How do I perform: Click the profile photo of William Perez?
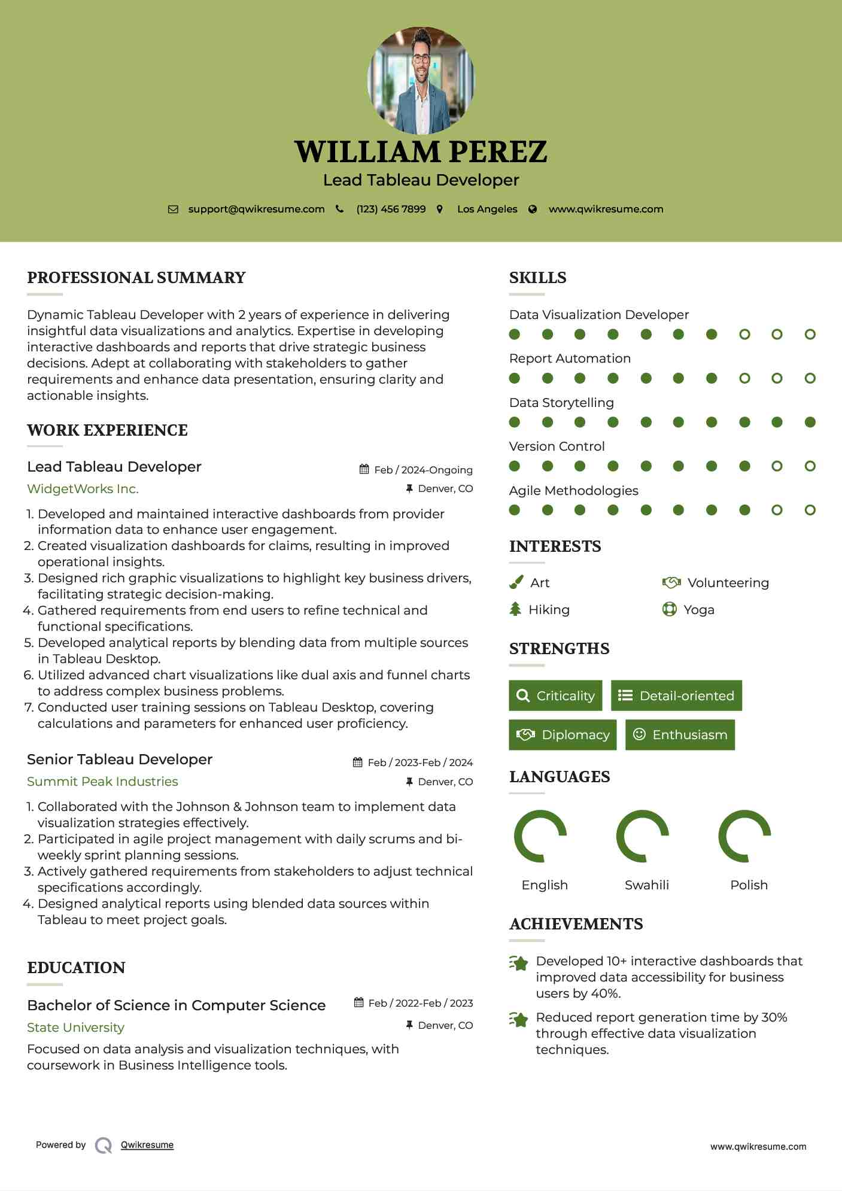click(421, 80)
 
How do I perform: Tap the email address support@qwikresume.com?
click(256, 209)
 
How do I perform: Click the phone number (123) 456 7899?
click(391, 209)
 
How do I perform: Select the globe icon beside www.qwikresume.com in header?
click(533, 209)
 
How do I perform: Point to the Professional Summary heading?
click(136, 278)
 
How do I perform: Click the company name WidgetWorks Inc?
click(83, 489)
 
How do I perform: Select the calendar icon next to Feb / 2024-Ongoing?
click(364, 469)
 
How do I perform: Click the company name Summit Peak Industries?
click(102, 782)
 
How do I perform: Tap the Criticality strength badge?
click(555, 695)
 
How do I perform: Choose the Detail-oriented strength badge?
click(676, 695)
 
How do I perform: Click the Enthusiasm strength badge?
click(680, 734)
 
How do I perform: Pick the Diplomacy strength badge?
click(563, 734)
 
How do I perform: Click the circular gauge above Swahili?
click(642, 836)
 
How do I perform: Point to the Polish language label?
click(749, 885)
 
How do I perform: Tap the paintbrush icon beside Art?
click(516, 582)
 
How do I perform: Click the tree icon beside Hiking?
click(515, 609)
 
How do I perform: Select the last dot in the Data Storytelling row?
click(810, 422)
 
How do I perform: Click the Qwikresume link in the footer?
click(147, 1145)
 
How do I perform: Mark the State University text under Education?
click(75, 1028)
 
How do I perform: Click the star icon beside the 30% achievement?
click(519, 1019)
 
